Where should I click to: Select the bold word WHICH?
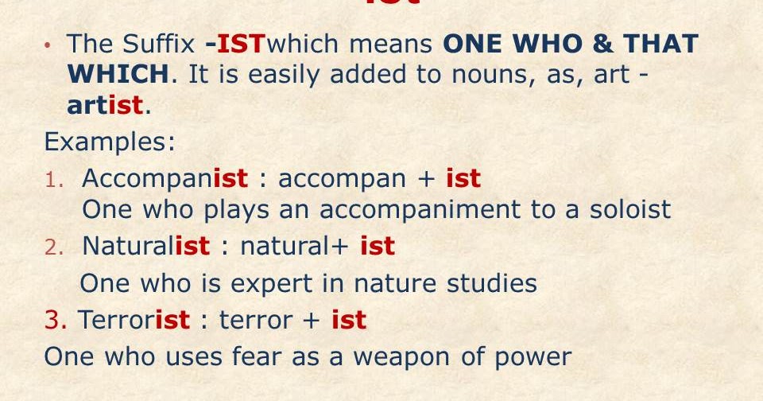coord(118,74)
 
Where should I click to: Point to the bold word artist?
coord(106,104)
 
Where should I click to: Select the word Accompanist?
coord(165,178)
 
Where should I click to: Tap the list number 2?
coord(52,247)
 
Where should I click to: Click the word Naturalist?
coord(146,247)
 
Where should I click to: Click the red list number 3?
coord(55,320)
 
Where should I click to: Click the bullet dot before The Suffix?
coord(48,45)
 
